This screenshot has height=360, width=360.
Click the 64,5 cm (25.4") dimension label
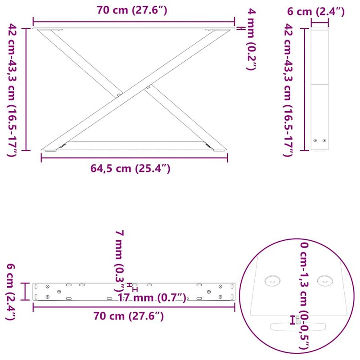point(130,169)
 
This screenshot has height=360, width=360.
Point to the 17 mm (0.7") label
point(152,297)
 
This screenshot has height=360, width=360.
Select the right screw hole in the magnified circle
point(325,280)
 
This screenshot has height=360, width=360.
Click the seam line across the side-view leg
point(320,84)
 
